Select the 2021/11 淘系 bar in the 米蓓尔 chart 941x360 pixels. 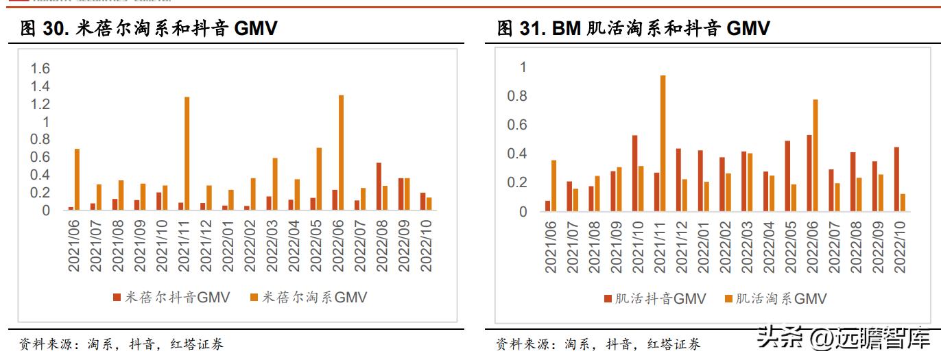point(187,154)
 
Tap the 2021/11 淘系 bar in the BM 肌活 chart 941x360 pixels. point(663,143)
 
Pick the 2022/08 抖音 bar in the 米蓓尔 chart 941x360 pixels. point(379,187)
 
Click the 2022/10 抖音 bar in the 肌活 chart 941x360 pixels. point(896,179)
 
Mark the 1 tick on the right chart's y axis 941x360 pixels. point(523,68)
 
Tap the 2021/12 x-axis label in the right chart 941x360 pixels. point(680,247)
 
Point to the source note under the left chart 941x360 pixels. point(121,344)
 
